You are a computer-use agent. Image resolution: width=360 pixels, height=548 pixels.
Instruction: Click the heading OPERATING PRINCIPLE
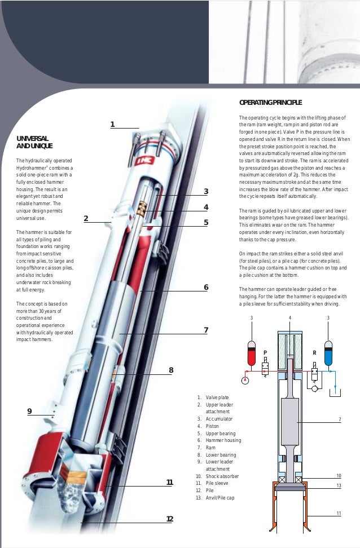[x=270, y=103]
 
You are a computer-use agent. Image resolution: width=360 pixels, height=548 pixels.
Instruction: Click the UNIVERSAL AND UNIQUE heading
[x=34, y=142]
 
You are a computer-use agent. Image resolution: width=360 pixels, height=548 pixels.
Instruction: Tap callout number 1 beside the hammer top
[x=112, y=124]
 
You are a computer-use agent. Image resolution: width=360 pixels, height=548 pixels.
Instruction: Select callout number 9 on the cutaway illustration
[x=29, y=411]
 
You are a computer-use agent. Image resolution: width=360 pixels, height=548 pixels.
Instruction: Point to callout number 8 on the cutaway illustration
[x=170, y=370]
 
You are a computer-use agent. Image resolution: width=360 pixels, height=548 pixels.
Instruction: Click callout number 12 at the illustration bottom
[x=169, y=519]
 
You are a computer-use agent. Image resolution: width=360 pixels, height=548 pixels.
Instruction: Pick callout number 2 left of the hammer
[x=86, y=219]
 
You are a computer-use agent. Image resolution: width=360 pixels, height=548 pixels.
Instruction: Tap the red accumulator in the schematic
[x=252, y=353]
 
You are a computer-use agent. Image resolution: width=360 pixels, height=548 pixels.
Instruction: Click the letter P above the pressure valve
[x=265, y=352]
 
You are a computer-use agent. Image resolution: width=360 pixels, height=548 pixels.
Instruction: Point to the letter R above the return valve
[x=314, y=352]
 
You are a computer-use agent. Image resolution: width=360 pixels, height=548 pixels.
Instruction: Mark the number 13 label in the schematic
[x=339, y=485]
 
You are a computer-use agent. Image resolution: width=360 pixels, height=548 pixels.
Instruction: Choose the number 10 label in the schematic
[x=339, y=476]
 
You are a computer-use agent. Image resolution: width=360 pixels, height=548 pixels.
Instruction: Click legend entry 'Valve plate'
[x=217, y=397]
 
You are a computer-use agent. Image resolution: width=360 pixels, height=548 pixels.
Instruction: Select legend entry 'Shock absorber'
[x=222, y=476]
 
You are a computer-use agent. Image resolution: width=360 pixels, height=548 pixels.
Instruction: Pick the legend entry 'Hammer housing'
[x=223, y=440]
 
